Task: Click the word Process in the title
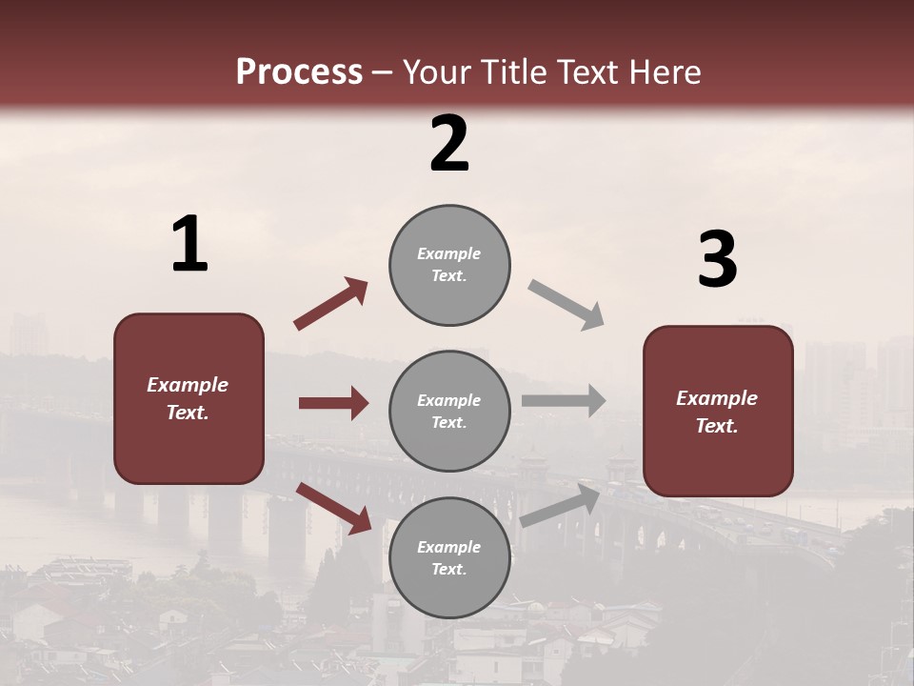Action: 299,71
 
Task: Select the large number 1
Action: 189,244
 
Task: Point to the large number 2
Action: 449,144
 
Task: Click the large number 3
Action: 717,260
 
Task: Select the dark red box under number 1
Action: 189,398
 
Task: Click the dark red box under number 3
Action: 718,411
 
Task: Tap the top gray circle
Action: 449,264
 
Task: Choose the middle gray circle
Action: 449,411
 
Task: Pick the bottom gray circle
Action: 449,557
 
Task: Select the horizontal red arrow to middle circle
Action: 333,403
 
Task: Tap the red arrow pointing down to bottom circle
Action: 334,507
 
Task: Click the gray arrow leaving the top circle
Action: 566,305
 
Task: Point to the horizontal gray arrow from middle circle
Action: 563,401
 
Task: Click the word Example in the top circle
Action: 449,253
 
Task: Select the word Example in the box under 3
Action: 717,398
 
